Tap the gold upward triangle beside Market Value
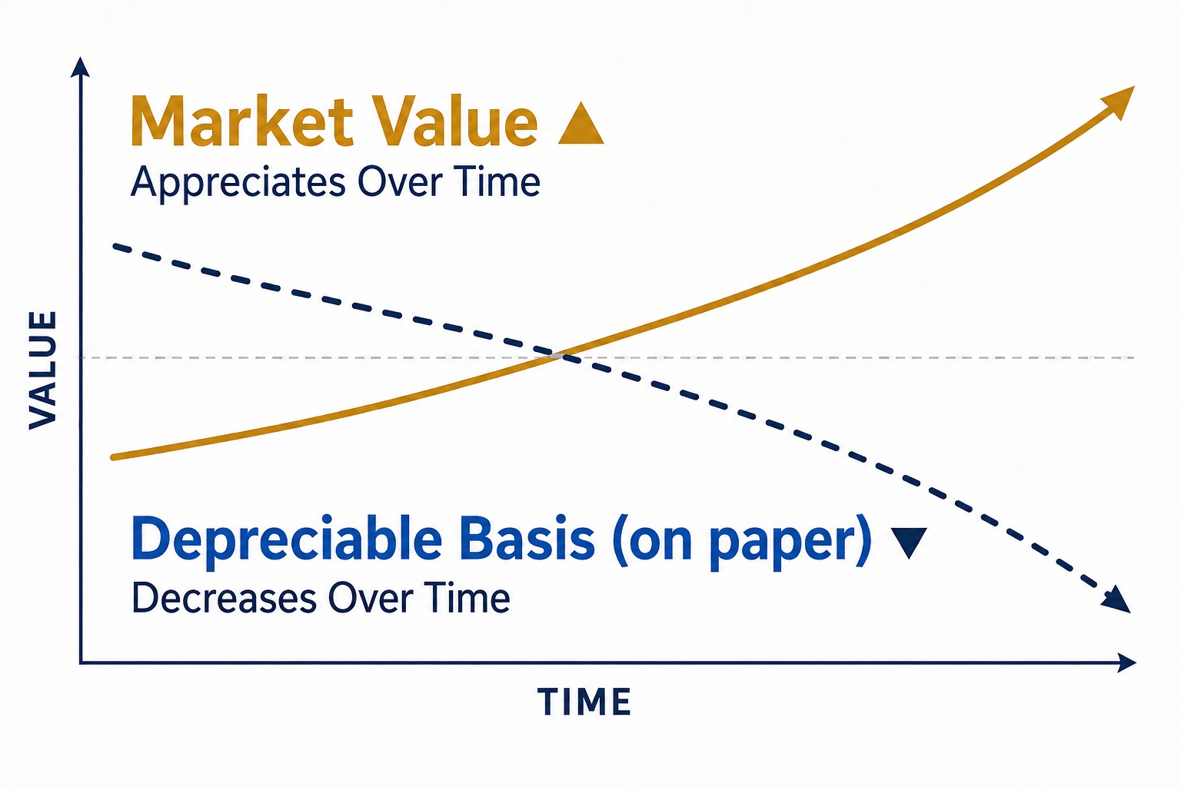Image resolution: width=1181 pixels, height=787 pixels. [581, 123]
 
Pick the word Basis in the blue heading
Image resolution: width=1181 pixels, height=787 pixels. [527, 539]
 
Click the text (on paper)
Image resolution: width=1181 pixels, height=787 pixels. [742, 542]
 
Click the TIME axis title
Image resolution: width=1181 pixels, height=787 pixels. [584, 702]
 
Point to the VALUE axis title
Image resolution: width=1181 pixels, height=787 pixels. [43, 370]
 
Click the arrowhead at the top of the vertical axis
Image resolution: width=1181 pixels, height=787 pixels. [80, 67]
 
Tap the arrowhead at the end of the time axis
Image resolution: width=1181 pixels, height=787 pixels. [1126, 662]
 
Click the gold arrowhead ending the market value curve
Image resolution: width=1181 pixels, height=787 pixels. [1119, 101]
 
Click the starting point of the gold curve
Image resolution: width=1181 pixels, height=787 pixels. [113, 457]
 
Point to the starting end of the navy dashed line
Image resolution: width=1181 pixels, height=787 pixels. [115, 246]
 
